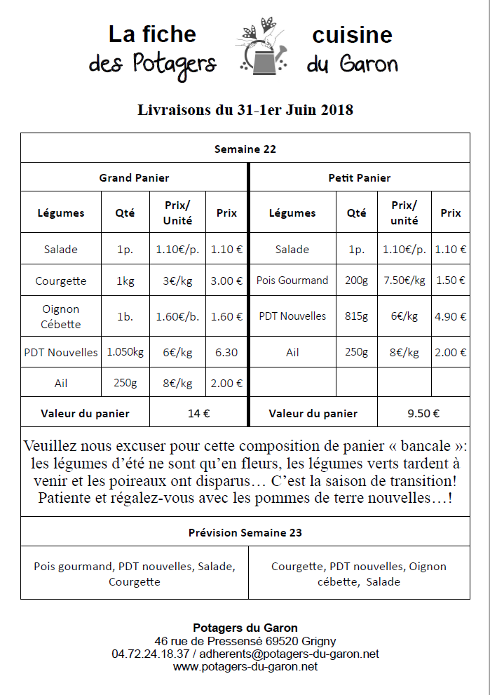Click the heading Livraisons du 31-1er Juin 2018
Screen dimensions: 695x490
[x=245, y=110]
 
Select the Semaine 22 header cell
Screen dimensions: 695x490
[x=245, y=149]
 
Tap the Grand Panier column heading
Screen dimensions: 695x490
[x=134, y=178]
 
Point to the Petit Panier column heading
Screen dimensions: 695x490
[x=360, y=178]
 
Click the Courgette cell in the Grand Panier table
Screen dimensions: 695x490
[x=61, y=281]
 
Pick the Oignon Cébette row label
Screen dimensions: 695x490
[x=61, y=316]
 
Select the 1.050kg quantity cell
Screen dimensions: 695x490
[x=125, y=352]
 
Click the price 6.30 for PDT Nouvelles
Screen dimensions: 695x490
[x=226, y=353]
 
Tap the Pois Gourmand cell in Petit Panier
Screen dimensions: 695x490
[x=292, y=280]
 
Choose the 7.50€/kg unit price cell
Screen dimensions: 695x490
[x=404, y=280]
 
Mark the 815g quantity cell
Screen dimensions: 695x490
[x=356, y=316]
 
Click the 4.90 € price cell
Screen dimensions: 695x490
[x=451, y=316]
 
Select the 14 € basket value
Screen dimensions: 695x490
[x=198, y=413]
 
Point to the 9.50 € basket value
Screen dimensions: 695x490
[x=423, y=413]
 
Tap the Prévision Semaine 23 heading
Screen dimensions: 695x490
[x=245, y=532]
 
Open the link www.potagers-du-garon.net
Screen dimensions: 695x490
[x=245, y=666]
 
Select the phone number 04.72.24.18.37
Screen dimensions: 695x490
[x=150, y=654]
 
